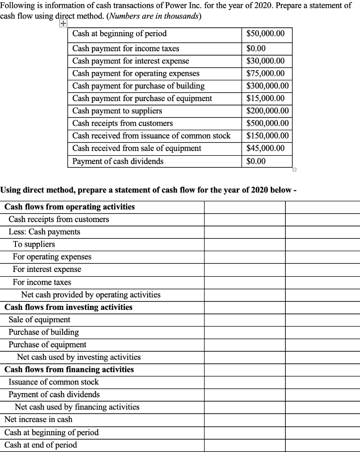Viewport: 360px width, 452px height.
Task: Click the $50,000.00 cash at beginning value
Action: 265,34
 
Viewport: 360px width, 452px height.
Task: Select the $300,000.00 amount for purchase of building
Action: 267,86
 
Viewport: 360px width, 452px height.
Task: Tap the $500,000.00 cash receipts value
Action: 267,123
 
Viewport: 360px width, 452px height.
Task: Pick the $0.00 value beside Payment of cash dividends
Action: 256,161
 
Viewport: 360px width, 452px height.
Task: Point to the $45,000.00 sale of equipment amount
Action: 265,148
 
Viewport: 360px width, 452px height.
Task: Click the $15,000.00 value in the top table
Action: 265,98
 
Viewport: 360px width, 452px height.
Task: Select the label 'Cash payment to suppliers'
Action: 117,111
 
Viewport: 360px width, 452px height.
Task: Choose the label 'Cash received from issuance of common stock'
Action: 151,136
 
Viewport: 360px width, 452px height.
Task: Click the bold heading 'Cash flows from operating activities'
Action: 70,207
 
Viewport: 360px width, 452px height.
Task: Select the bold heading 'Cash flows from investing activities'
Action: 68,307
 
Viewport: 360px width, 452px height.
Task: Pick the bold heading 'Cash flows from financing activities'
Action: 69,369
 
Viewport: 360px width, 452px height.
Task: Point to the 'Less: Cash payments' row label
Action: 44,232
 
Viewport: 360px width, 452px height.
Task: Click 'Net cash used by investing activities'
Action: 79,357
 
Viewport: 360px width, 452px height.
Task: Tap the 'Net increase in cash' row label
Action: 38,419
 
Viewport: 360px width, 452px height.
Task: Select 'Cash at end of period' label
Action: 41,444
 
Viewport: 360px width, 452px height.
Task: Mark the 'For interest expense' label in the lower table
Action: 47,269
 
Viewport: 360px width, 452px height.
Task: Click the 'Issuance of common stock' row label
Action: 53,382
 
